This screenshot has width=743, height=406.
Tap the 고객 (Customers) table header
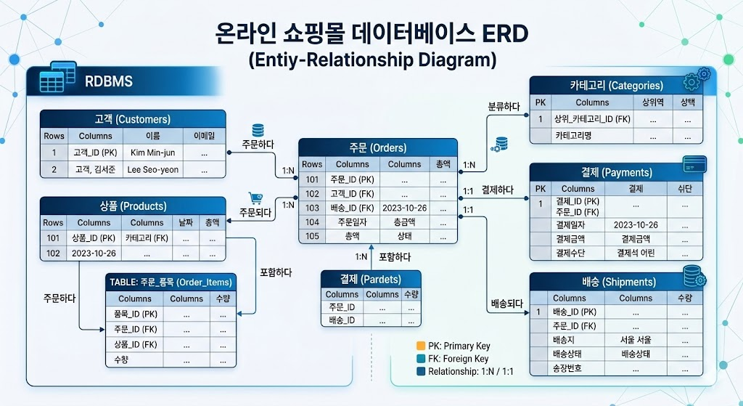pos(132,119)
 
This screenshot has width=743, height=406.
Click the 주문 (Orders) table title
pos(378,147)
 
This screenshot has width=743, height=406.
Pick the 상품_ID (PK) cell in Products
pos(94,237)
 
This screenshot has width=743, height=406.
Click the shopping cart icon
pos(255,198)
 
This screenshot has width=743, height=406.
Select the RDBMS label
pos(109,81)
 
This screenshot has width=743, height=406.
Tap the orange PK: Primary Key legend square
pos(421,345)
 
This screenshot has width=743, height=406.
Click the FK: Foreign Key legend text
pos(459,359)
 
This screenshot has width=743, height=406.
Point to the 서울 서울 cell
pos(636,340)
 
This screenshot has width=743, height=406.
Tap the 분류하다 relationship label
pos(504,107)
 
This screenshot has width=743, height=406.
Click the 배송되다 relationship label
pos(506,305)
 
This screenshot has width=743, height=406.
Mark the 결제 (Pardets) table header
pos(371,279)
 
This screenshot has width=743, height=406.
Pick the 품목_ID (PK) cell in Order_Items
pos(136,314)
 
